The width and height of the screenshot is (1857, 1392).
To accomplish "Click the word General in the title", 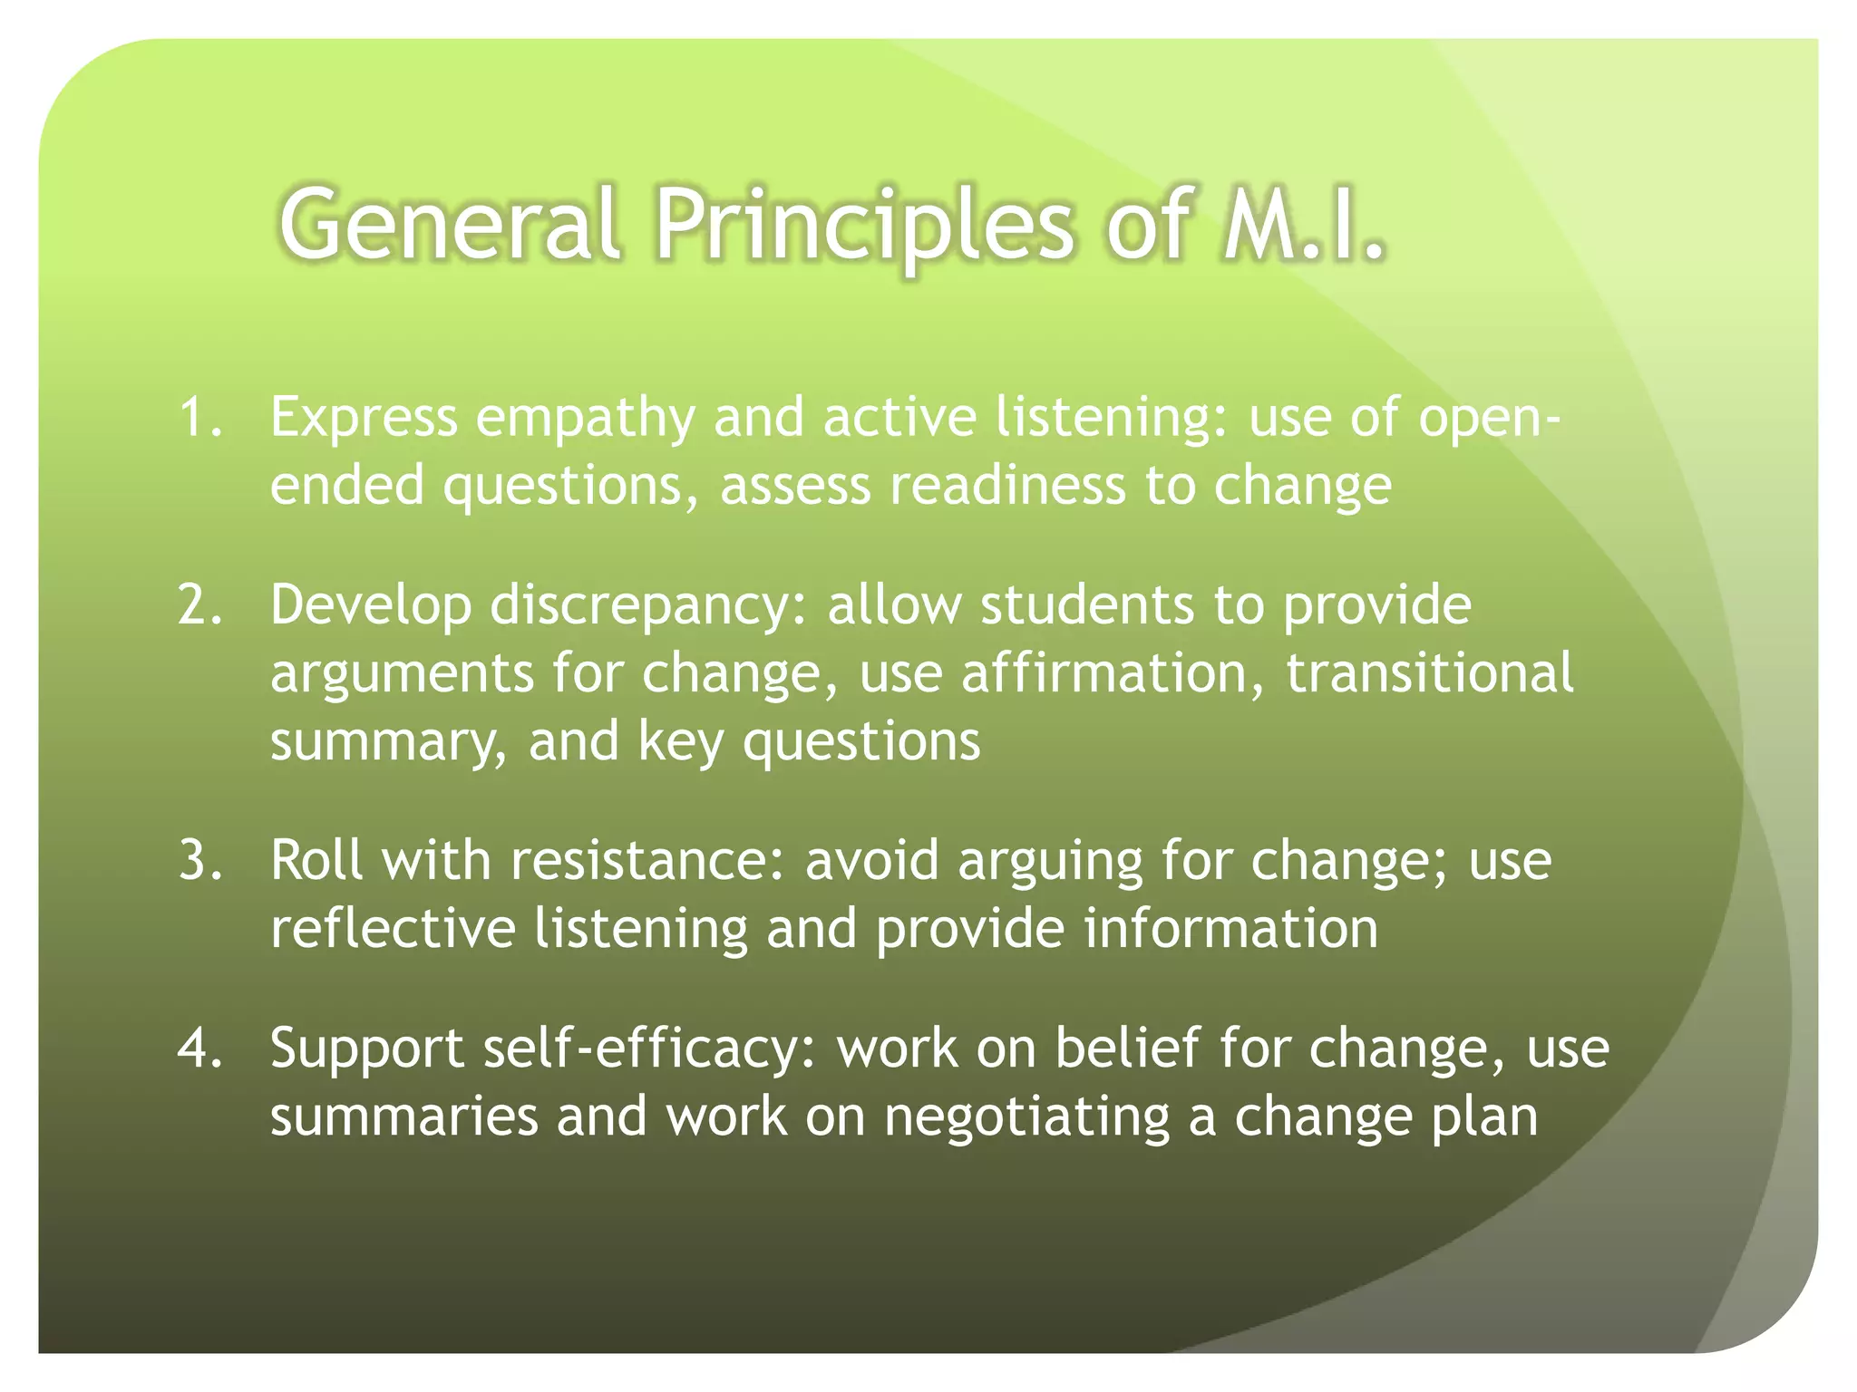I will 450,223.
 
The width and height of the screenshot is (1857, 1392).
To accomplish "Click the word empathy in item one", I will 586,420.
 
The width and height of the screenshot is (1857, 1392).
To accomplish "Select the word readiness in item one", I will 1006,486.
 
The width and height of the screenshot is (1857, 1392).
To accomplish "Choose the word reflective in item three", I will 393,929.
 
